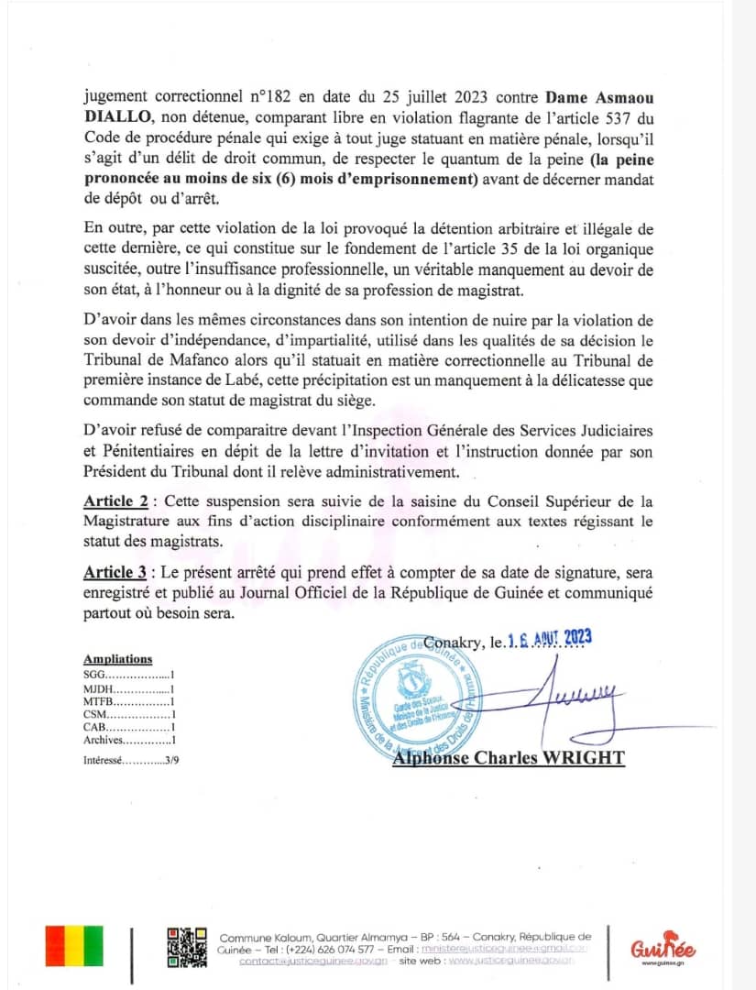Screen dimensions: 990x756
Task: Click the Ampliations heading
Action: click(118, 659)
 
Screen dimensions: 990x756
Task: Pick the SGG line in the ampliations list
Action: click(128, 675)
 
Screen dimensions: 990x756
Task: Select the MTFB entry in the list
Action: click(128, 701)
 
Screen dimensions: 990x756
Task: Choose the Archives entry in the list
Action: click(128, 740)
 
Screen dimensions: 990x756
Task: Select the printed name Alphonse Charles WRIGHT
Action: click(509, 758)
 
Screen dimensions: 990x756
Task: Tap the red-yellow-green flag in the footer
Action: click(74, 946)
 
